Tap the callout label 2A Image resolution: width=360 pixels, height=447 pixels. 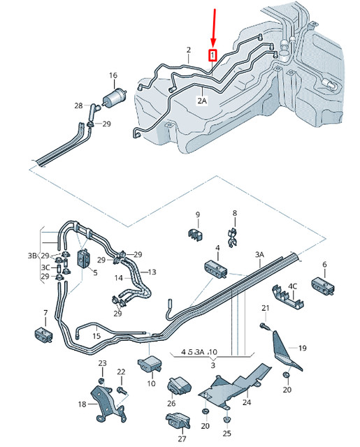[x=202, y=101]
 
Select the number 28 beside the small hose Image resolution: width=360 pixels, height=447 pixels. [x=79, y=105]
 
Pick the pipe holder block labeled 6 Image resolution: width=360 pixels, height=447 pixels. [x=324, y=285]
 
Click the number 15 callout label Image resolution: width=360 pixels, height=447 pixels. [x=96, y=336]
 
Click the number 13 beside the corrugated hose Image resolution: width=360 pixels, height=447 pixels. [x=152, y=272]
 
